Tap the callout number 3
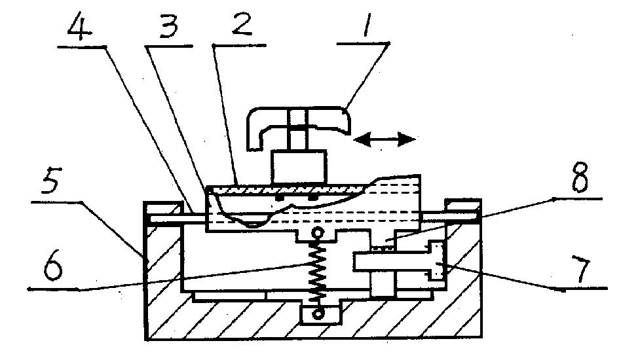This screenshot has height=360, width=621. coord(169,25)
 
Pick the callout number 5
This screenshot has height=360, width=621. coord(51,183)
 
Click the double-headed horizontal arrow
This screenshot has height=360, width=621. coord(384,139)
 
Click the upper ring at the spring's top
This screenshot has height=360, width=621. coord(318,234)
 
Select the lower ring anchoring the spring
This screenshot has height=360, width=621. coord(318,314)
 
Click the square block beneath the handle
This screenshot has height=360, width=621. coord(299,166)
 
